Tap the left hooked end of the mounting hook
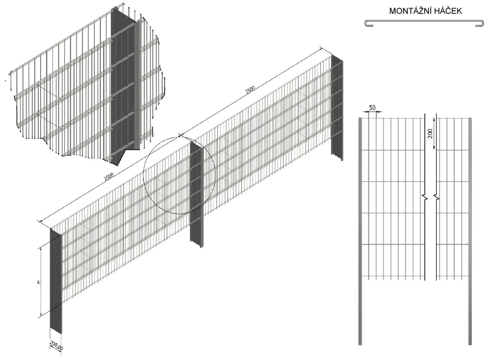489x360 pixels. (369, 24)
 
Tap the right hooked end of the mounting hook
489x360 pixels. (480, 24)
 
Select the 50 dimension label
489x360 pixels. (372, 108)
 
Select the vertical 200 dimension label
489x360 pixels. (431, 133)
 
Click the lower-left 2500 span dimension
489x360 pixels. (109, 177)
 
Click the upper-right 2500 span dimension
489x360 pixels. (250, 90)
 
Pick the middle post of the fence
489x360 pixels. (197, 194)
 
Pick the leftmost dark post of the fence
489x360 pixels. (56, 281)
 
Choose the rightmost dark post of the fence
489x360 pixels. (337, 108)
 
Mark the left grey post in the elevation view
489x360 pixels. (360, 231)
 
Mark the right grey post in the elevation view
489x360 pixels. (470, 231)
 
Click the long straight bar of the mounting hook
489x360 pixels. (424, 21)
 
